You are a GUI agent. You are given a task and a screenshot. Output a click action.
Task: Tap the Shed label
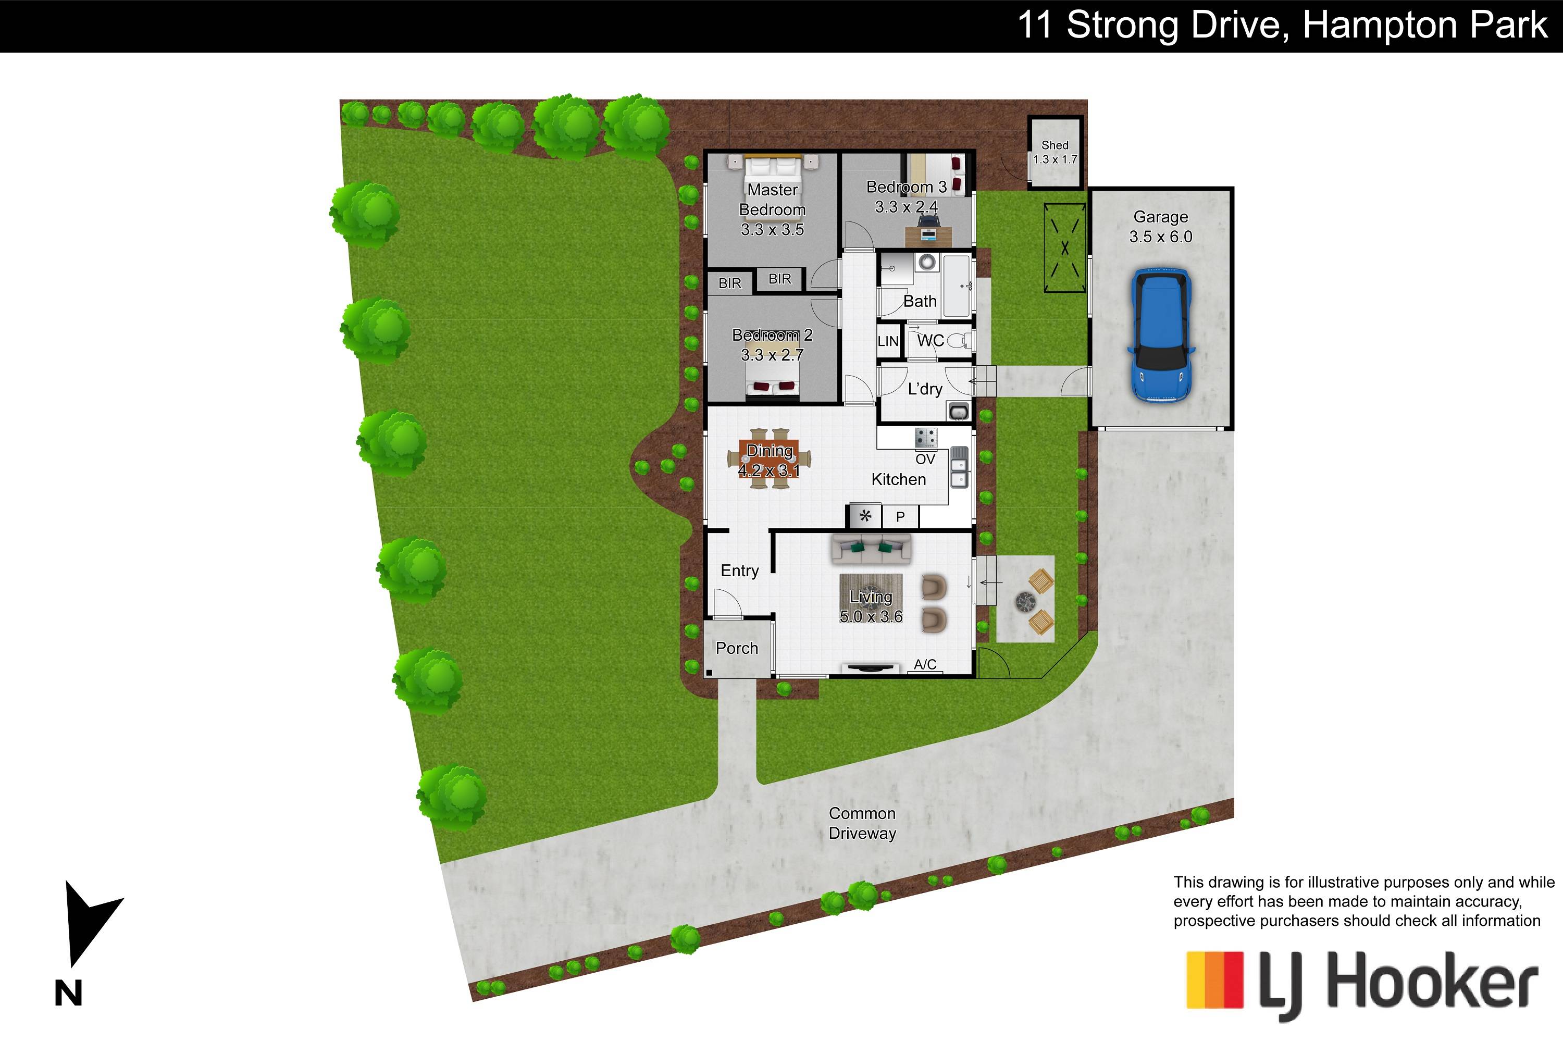(1055, 145)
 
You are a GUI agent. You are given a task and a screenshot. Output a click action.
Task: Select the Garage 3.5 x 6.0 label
(1160, 227)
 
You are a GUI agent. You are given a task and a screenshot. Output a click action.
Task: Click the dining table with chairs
(769, 458)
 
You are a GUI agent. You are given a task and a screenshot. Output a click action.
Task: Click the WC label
(931, 341)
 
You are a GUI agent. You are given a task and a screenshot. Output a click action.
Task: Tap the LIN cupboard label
(888, 342)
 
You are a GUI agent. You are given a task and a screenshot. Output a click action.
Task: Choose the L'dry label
(925, 389)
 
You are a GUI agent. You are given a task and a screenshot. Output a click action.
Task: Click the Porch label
(736, 648)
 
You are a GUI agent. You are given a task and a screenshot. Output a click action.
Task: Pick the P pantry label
(900, 517)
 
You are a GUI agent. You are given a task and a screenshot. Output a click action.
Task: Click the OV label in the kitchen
(925, 459)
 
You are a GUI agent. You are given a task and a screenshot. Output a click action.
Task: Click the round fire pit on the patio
(1025, 602)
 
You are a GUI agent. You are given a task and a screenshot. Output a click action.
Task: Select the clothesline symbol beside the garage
(1064, 248)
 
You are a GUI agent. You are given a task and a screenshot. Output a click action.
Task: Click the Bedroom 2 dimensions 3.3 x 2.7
(772, 355)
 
